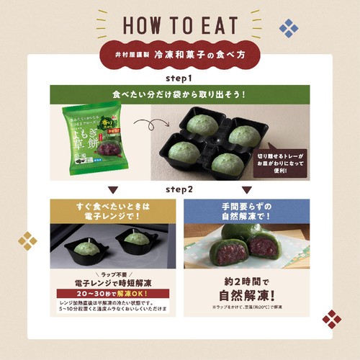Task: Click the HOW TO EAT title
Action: click(x=179, y=25)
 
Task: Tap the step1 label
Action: click(x=180, y=77)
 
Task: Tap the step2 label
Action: click(x=180, y=190)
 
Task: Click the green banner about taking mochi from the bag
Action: click(x=179, y=94)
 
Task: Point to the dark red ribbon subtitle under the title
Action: click(x=179, y=54)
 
